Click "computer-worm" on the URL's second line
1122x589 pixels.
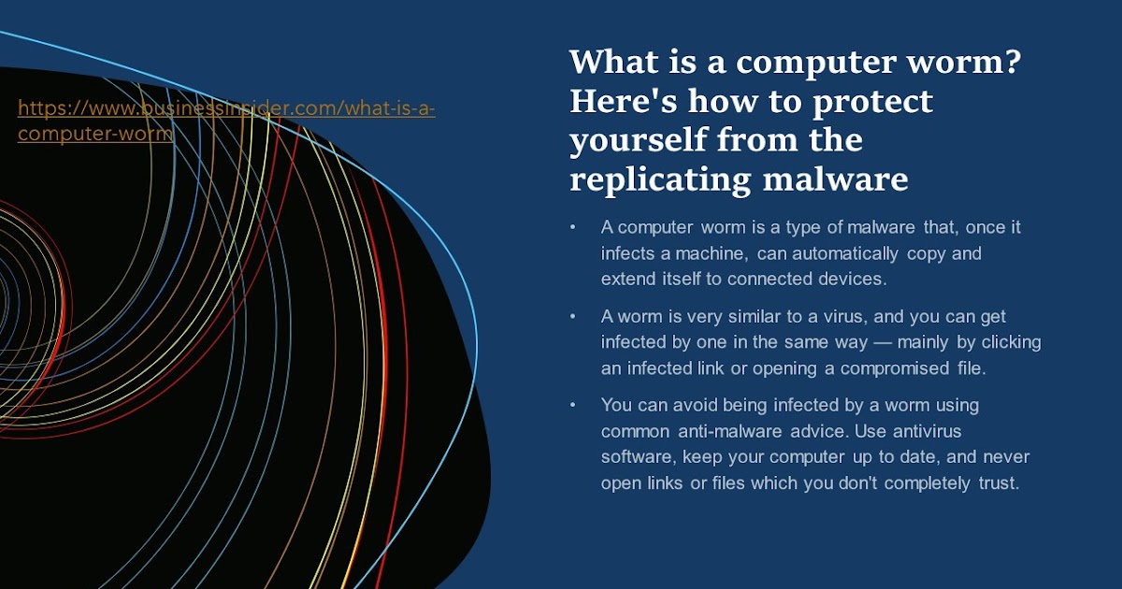pyautogui.click(x=95, y=133)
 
